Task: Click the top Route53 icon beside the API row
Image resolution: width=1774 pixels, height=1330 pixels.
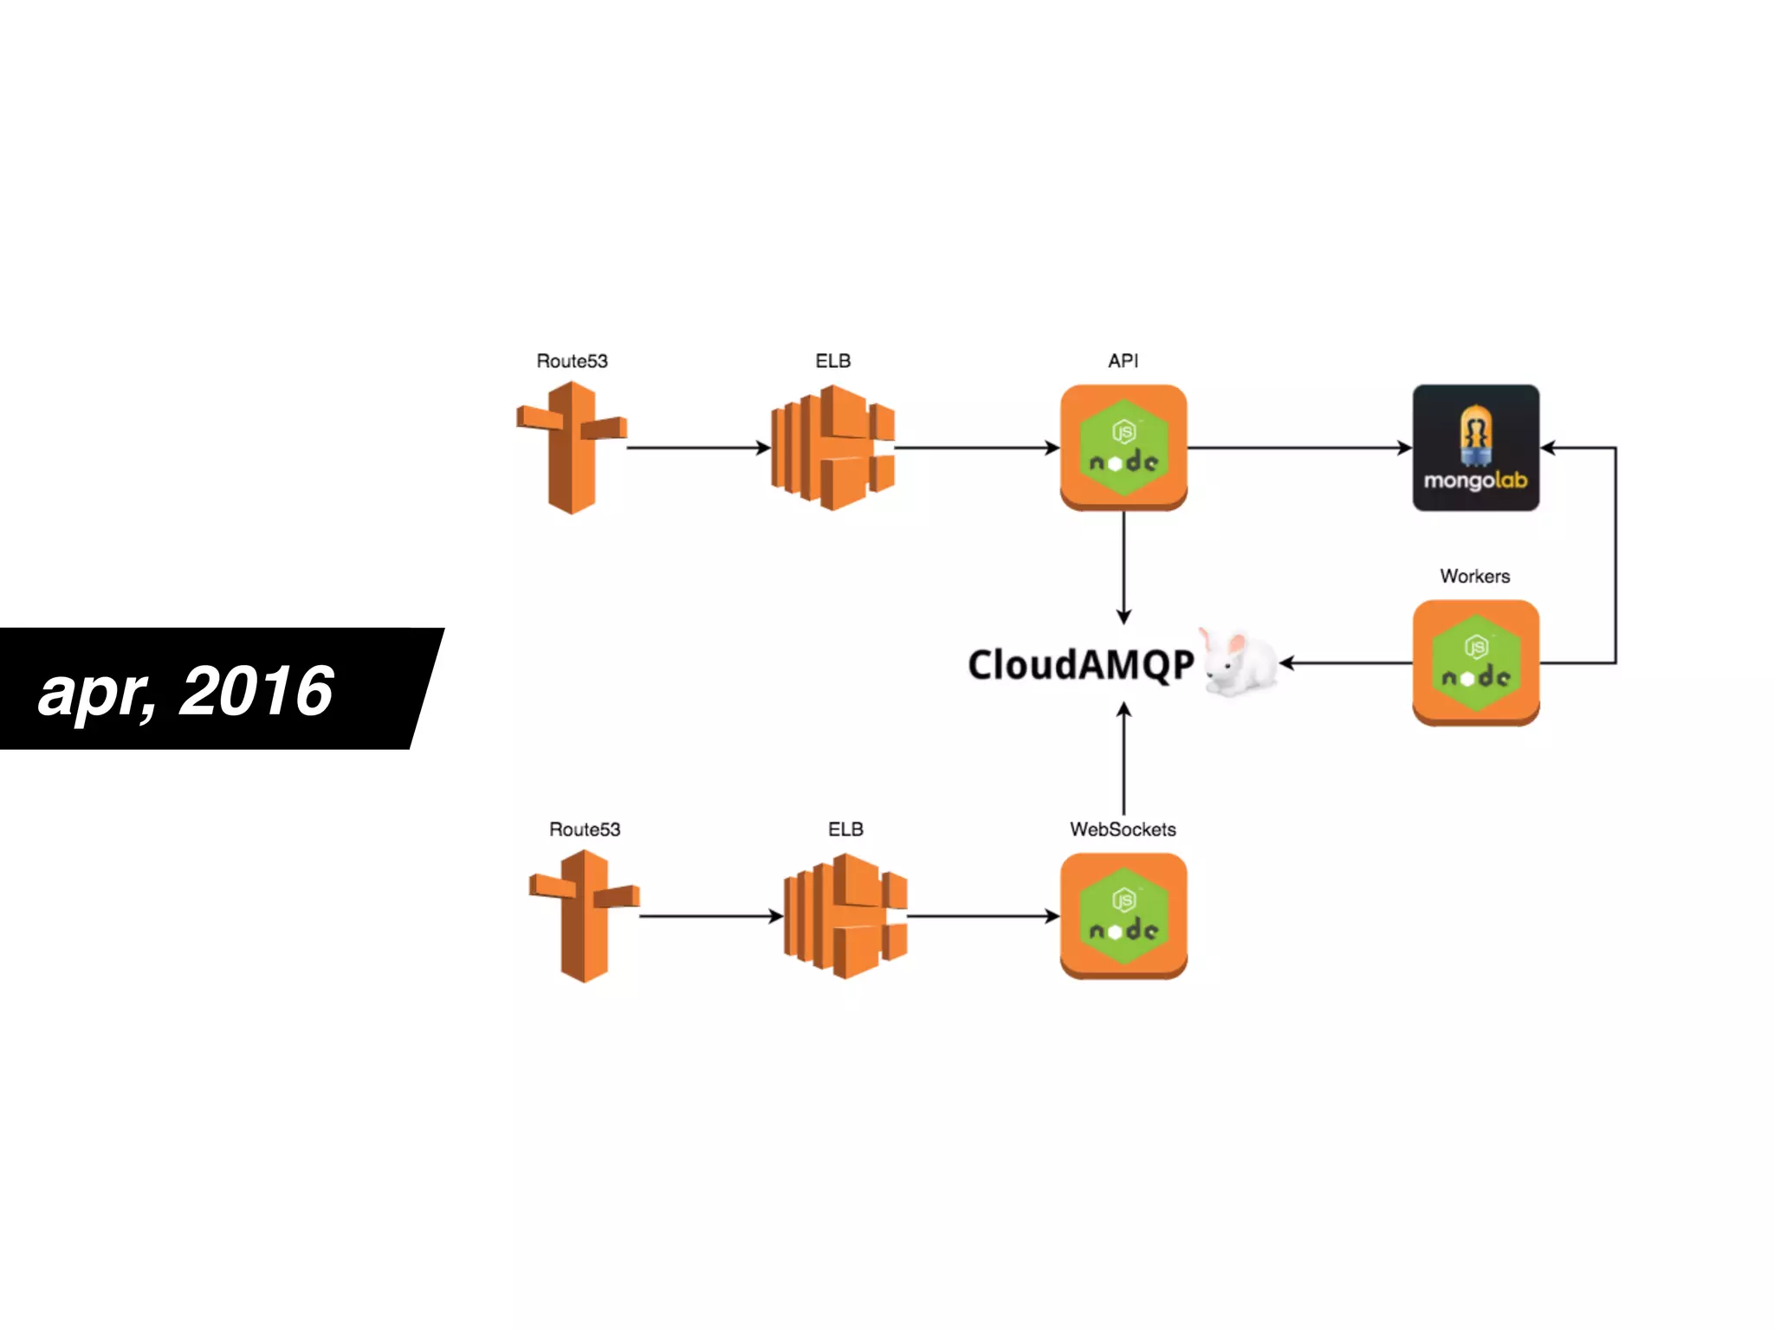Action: click(572, 448)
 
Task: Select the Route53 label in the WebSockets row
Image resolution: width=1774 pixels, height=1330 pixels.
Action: click(585, 830)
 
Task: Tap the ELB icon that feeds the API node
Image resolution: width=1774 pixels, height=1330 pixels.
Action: click(832, 448)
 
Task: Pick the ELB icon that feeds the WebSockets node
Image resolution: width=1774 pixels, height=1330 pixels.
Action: click(845, 916)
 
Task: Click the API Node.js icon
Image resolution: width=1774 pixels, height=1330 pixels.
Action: click(1123, 448)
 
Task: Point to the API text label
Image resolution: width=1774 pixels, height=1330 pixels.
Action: click(1123, 361)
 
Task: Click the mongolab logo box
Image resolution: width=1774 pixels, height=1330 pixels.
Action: click(1475, 448)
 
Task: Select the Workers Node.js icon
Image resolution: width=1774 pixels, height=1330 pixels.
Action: click(1475, 662)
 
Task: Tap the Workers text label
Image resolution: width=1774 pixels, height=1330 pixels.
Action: click(1474, 577)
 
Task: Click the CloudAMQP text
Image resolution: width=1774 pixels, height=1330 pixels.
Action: click(1081, 665)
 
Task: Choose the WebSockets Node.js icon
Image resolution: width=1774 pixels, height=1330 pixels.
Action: click(1123, 916)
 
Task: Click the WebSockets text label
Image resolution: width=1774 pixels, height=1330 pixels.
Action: click(1123, 830)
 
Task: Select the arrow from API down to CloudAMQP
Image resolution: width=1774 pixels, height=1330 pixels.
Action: click(1123, 567)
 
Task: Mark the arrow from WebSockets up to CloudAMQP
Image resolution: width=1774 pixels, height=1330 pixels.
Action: click(1123, 758)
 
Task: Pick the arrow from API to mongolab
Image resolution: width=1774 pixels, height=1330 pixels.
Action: click(1299, 448)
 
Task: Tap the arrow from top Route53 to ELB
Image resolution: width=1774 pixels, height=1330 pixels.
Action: click(698, 448)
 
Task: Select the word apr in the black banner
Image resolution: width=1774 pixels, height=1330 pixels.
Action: click(95, 693)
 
